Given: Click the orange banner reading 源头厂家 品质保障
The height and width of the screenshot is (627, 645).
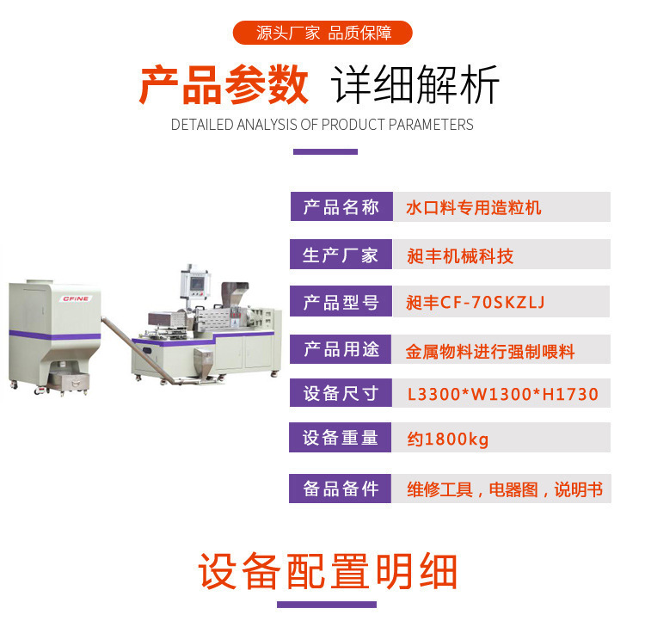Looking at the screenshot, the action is pos(322,33).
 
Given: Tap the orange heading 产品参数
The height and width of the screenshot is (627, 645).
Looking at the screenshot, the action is pos(224,85).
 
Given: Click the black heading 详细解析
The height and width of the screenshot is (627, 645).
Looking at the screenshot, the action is pos(415,85).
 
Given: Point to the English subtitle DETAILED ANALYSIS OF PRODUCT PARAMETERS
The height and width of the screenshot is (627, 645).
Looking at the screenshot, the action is pos(322,124).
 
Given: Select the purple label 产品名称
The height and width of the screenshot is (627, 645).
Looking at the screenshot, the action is pos(341,206).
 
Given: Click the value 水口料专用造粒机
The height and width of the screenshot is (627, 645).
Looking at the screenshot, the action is pos(474,207).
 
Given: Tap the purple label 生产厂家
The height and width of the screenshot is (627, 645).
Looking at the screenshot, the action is pos(341,255).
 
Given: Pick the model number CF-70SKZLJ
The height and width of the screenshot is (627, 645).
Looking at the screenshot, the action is pos(493,303).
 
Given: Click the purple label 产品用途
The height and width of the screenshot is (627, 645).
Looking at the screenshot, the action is pos(341,349).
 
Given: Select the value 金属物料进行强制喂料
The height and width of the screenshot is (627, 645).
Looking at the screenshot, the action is pos(490,352).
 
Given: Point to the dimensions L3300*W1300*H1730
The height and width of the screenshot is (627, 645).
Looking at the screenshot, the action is pos(503,394).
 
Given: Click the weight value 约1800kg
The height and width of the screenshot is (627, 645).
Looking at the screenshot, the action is pos(448,439).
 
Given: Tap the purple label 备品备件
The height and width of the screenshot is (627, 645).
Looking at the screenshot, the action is pos(341,489).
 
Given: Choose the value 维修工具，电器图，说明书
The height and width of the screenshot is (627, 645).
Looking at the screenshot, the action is pos(505,489).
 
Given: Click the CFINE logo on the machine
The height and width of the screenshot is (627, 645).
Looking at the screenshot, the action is pos(76,298).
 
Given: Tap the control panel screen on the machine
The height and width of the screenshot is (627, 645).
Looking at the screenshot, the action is pos(197,284).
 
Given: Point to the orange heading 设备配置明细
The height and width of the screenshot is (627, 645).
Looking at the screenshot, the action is pos(328,571).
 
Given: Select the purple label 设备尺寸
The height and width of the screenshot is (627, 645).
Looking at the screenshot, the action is pos(341,393).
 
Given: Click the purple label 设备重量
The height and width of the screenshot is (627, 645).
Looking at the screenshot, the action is pos(341,437).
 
